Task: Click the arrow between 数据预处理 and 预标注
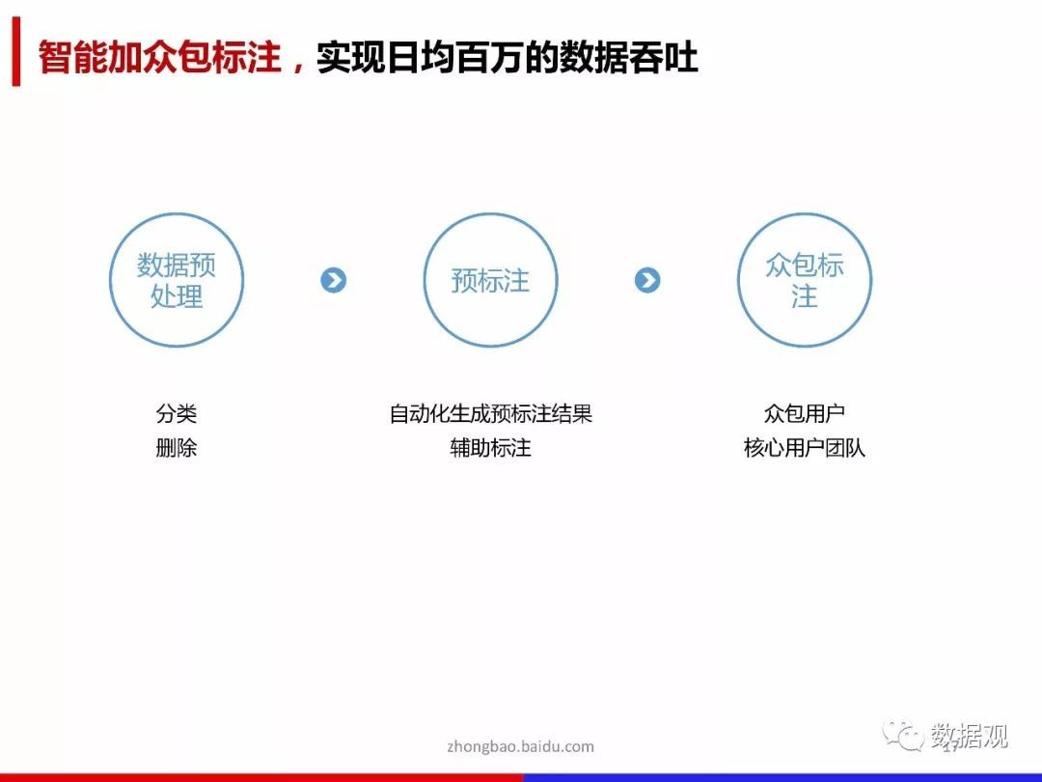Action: pos(333,280)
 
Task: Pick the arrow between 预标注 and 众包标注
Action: pos(647,280)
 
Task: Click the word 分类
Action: pos(177,413)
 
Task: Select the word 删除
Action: pos(177,448)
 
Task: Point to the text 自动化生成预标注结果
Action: pos(490,413)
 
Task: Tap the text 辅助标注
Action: pos(490,448)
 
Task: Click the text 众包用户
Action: pos(804,413)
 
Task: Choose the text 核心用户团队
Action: pos(804,448)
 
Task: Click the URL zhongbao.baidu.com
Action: pos(520,746)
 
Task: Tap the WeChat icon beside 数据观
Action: pos(903,735)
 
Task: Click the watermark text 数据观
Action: pos(969,736)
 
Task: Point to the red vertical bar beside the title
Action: pos(16,52)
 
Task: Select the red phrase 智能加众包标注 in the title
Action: pos(159,57)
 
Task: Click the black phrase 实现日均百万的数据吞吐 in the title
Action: pos(507,57)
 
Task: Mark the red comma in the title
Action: pos(298,66)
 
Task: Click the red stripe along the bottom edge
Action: pos(261,777)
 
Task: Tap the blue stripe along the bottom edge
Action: pos(782,777)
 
